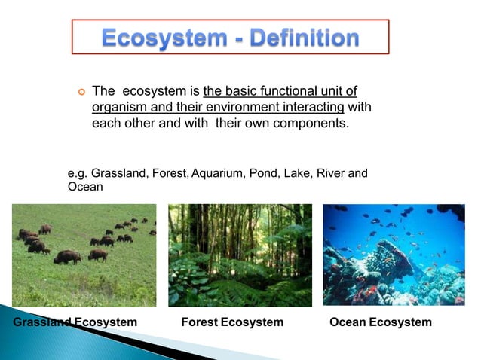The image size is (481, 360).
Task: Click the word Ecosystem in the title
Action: click(156, 38)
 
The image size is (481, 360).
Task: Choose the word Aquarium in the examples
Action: click(218, 174)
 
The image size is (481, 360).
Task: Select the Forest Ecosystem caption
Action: click(233, 322)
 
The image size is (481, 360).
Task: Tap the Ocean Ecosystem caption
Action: click(381, 322)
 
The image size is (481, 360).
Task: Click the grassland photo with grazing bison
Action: click(84, 255)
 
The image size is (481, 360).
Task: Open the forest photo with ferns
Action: click(240, 255)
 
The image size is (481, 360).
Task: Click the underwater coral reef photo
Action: click(394, 255)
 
